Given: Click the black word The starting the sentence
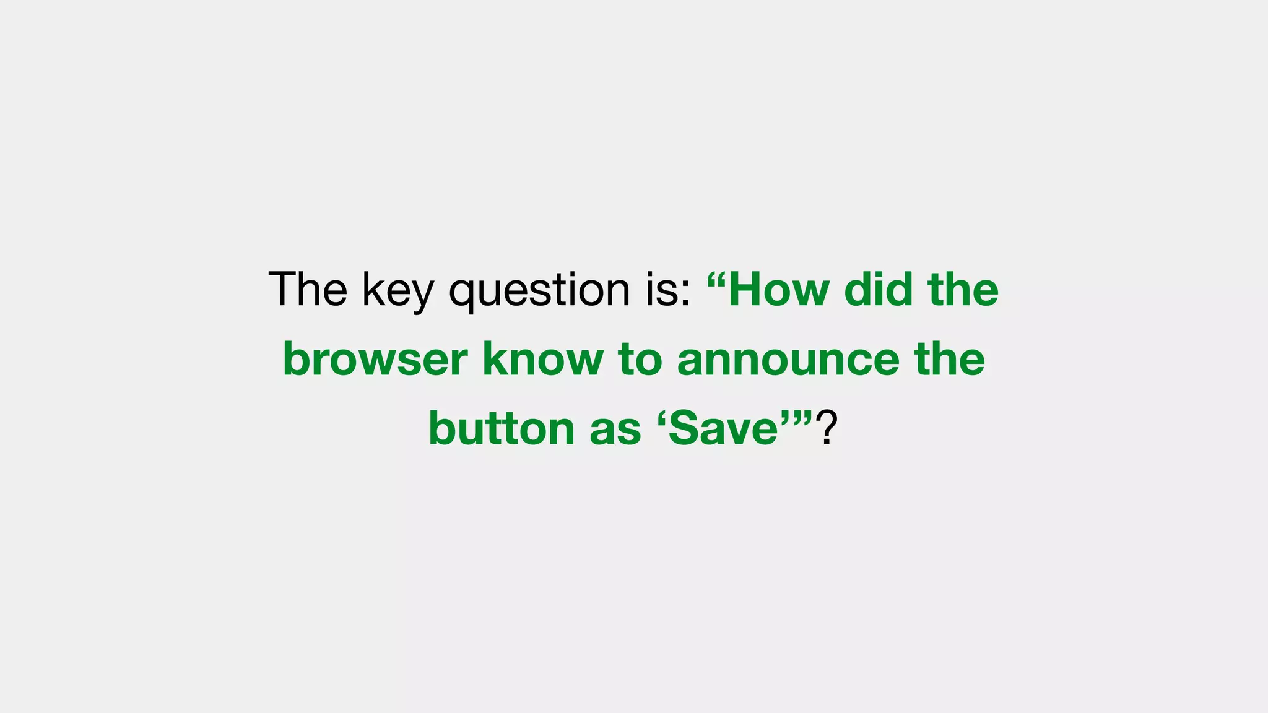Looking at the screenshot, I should click(x=308, y=289).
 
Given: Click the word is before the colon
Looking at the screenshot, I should click(x=662, y=289).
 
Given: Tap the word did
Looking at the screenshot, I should click(x=879, y=289).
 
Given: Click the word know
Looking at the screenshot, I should click(x=542, y=358).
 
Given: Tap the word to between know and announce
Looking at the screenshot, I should click(x=640, y=360).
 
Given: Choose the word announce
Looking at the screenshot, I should click(x=788, y=360).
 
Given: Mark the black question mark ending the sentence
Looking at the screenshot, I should click(x=826, y=428).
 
